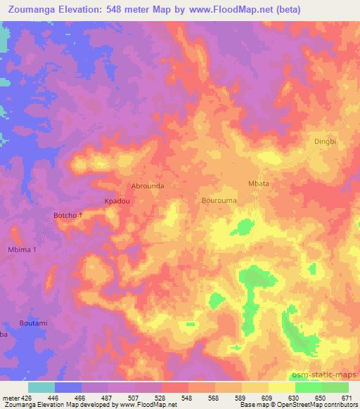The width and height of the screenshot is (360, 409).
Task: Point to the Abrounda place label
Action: coord(148,187)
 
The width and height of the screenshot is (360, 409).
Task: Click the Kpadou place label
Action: coord(118,200)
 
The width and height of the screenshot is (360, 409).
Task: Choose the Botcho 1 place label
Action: coord(69,215)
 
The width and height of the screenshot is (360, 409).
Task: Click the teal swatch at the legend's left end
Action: coord(41,387)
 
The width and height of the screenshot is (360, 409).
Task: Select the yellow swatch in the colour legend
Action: coord(282,387)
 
